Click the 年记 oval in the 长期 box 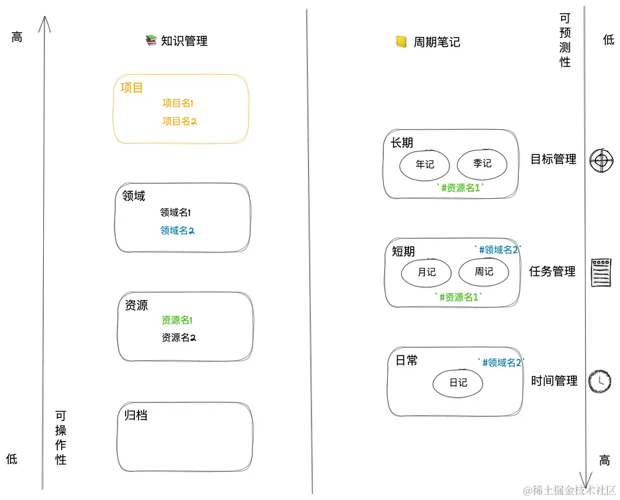[x=425, y=164]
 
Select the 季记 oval [x=482, y=163]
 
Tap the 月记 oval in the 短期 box [x=427, y=272]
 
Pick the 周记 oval [x=484, y=271]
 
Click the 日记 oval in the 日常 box [x=458, y=383]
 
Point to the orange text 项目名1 [x=178, y=104]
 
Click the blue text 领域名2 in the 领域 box [x=177, y=230]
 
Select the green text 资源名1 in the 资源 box [x=177, y=320]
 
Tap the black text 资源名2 [x=178, y=337]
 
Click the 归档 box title [x=136, y=415]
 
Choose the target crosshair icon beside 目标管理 [x=602, y=160]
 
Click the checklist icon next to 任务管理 [x=601, y=272]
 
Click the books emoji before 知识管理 [x=151, y=40]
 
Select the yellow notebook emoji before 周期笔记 [x=401, y=42]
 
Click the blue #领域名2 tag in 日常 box [x=501, y=363]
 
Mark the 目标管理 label [x=553, y=159]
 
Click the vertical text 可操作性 [x=61, y=437]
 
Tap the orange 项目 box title [x=132, y=88]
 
